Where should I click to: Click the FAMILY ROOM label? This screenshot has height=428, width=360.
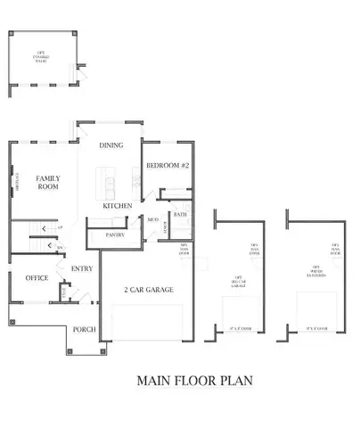[x=47, y=184]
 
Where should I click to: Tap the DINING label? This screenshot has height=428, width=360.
[x=111, y=144]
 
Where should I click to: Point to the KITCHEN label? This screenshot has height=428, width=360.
[x=118, y=206]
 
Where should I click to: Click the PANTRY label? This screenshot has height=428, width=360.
[x=114, y=235]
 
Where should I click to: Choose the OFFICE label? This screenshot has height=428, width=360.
[x=37, y=277]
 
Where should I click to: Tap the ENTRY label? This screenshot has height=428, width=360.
[x=82, y=268]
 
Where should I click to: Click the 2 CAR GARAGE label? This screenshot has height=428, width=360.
[x=148, y=290]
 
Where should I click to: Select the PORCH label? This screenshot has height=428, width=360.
[x=84, y=329]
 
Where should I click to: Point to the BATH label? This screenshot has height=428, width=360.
[x=180, y=214]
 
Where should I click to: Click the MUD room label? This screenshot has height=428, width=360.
[x=153, y=218]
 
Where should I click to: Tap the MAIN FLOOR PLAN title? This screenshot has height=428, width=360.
[x=194, y=380]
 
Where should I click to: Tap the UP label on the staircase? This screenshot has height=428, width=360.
[x=60, y=228]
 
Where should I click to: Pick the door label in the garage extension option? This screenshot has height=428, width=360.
[x=336, y=251]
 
